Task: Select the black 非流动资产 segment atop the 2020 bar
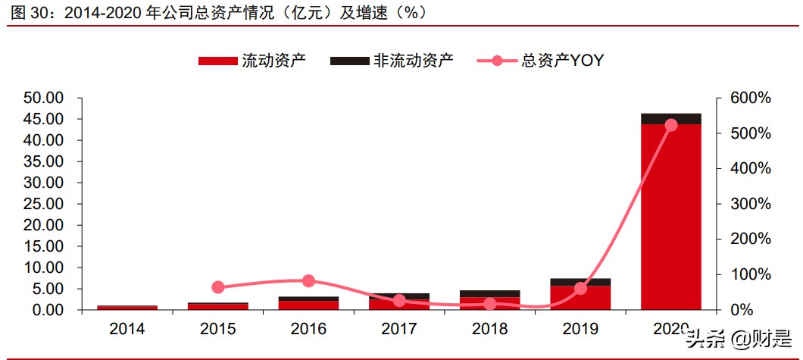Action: (x=670, y=118)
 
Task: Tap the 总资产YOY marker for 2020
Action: (x=670, y=125)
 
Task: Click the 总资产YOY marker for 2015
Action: (x=218, y=287)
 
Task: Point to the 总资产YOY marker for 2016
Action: (x=308, y=281)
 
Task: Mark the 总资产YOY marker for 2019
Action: (x=580, y=288)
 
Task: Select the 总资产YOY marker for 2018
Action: (x=489, y=304)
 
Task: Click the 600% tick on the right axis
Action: (x=751, y=98)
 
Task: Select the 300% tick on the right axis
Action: (x=751, y=204)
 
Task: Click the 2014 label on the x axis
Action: (x=127, y=329)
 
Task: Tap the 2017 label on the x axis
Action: (x=399, y=329)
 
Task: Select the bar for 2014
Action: (x=127, y=308)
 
